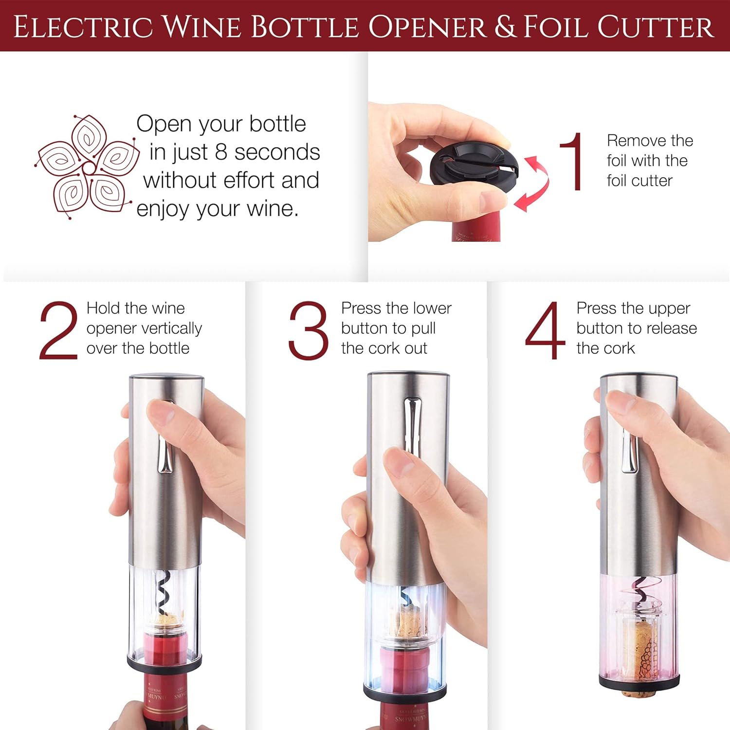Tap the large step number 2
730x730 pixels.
[x=58, y=331]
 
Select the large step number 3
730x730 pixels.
[x=308, y=331]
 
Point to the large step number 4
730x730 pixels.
[x=545, y=331]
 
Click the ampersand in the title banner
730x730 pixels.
[x=505, y=27]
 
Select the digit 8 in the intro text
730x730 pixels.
[x=221, y=152]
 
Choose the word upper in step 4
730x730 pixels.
[x=669, y=309]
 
